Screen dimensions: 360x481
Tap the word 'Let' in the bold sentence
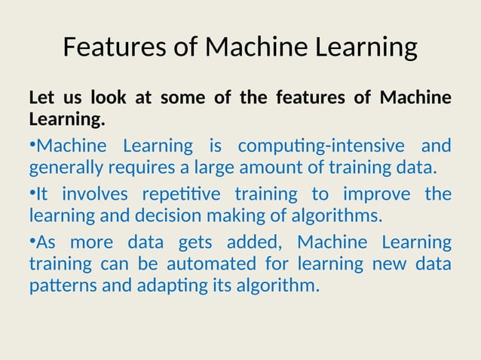(x=42, y=98)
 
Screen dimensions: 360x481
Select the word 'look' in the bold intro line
(x=108, y=98)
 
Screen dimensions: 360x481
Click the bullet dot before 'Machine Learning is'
(x=32, y=143)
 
